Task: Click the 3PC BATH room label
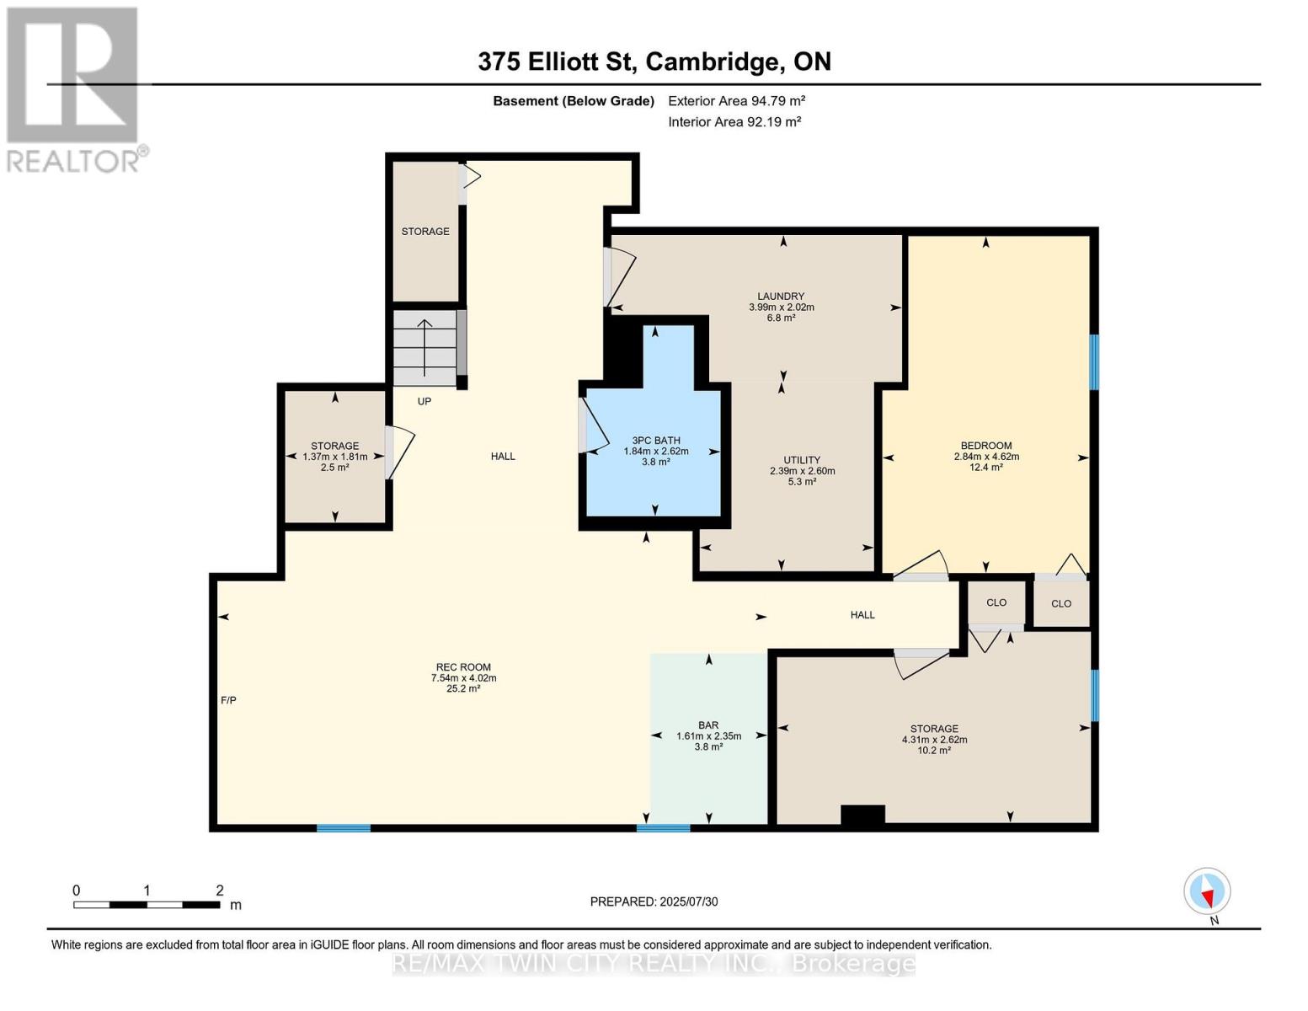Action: point(656,440)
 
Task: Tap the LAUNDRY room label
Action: point(781,297)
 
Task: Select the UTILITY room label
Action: point(802,460)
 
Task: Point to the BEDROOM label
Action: point(986,446)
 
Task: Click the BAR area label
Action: point(708,725)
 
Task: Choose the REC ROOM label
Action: point(463,667)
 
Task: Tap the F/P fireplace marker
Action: point(229,700)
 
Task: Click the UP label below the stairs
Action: point(424,402)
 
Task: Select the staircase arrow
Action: point(425,347)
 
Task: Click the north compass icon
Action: point(1207,891)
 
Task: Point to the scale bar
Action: point(147,905)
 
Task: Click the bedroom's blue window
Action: point(1094,362)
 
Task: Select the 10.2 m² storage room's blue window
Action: point(1094,695)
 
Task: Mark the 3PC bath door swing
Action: point(595,425)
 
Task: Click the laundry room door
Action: point(619,277)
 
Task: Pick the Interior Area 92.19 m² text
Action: point(734,121)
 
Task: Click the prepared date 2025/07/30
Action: point(689,902)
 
